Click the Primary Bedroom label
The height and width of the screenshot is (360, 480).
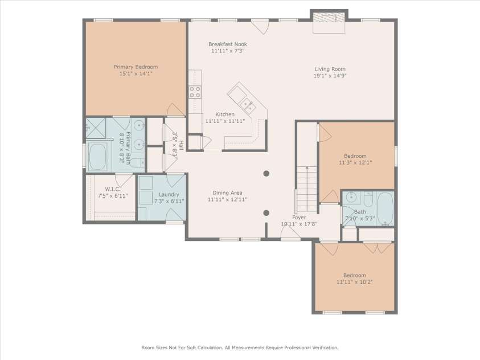click(136, 67)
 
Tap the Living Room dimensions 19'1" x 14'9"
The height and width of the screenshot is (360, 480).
click(330, 76)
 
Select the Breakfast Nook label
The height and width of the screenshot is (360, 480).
click(227, 44)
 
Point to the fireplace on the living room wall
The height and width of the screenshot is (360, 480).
click(329, 18)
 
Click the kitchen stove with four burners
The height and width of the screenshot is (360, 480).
click(195, 92)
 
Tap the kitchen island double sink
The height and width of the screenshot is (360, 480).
click(247, 104)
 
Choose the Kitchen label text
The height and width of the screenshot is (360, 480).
click(225, 114)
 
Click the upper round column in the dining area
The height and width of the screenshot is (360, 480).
click(266, 174)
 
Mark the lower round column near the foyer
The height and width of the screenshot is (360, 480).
click(266, 213)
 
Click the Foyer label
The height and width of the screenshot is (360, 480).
click(299, 217)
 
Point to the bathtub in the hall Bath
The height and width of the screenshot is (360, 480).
click(385, 208)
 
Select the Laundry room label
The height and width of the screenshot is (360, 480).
click(161, 194)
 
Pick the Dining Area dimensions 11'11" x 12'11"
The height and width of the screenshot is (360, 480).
click(227, 200)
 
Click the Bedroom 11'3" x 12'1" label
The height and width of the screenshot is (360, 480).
click(355, 156)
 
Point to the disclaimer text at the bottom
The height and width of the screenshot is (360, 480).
click(240, 347)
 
